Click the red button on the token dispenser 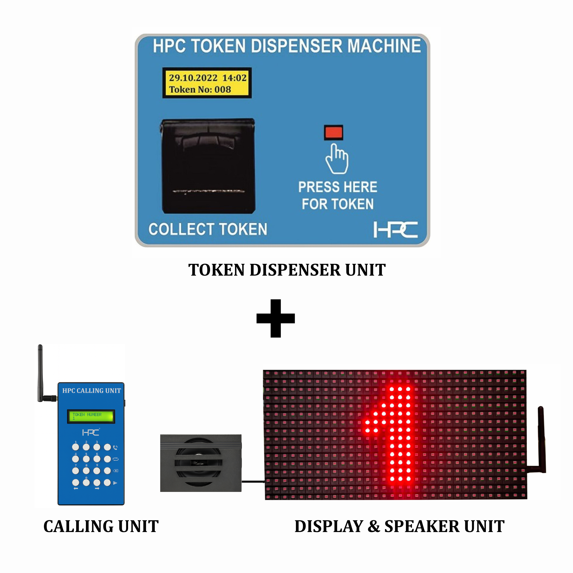334,132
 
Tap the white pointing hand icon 337,159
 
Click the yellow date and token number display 207,83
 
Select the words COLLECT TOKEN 208,229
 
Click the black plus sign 276,318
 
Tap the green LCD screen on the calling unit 91,416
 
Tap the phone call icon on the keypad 115,448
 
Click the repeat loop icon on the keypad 116,459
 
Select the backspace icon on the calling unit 116,471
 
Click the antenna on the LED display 541,439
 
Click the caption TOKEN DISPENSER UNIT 287,270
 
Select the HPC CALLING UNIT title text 91,390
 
